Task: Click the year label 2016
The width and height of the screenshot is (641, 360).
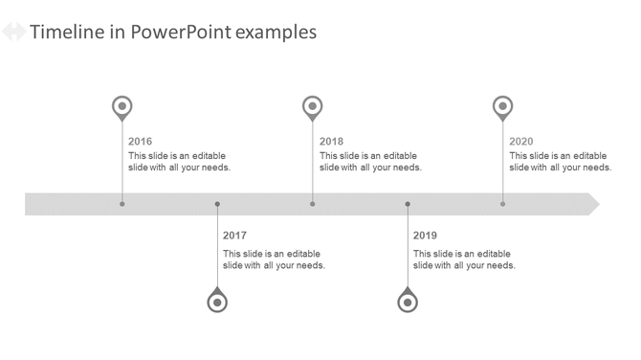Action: [x=140, y=142]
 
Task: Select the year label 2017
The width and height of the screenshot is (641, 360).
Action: [x=234, y=236]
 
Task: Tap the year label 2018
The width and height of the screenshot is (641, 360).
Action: [x=331, y=142]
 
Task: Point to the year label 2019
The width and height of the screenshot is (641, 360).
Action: [x=425, y=236]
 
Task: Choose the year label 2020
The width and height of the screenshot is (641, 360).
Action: [x=521, y=142]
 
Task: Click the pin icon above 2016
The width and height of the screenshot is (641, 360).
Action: [x=122, y=106]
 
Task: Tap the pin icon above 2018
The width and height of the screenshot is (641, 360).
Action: [x=312, y=106]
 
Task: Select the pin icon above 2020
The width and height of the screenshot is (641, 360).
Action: [x=502, y=106]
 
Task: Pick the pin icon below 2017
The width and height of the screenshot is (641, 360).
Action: [x=217, y=302]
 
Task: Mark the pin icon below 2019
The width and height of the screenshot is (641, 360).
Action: [x=408, y=302]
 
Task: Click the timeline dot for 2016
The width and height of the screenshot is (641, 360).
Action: [x=122, y=204]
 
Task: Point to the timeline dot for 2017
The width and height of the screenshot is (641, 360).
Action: [x=217, y=204]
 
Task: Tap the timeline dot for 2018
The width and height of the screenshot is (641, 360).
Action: [x=312, y=204]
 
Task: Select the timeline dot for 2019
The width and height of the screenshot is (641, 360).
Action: [x=408, y=204]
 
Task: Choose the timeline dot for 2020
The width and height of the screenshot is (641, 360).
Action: [x=502, y=204]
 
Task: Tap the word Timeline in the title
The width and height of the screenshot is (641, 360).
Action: [x=67, y=33]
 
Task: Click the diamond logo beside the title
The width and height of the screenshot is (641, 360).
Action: [x=13, y=33]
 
